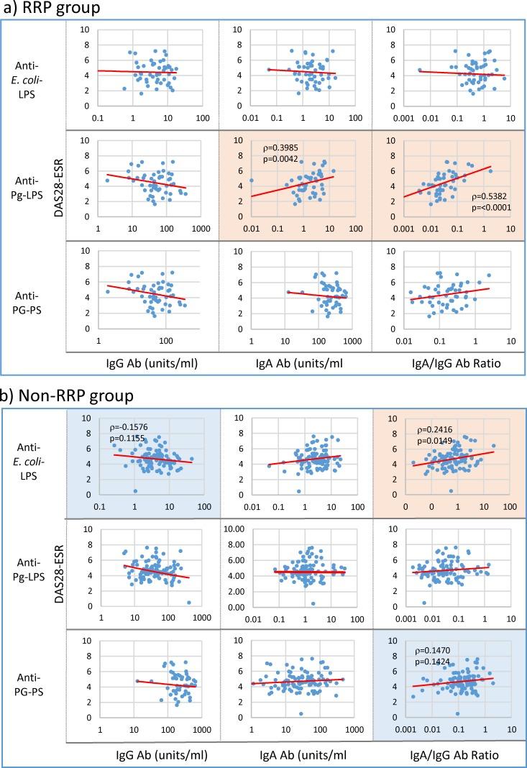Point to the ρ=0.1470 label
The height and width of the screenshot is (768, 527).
(436, 653)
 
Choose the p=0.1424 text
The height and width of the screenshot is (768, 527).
(436, 664)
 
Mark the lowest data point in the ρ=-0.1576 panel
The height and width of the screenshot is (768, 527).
(135, 491)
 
